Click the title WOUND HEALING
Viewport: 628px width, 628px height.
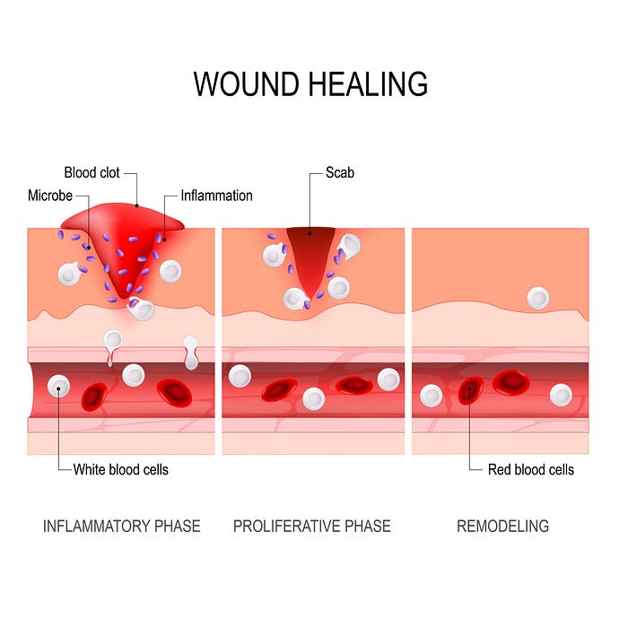[310, 83]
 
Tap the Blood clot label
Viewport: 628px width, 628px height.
[92, 171]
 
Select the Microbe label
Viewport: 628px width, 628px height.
[50, 195]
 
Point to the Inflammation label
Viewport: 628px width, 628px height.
[216, 195]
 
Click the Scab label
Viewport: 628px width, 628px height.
[340, 171]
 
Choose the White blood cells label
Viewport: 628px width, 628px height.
[120, 469]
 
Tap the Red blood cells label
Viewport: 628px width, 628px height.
[530, 469]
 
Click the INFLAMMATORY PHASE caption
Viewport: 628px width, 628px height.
[121, 526]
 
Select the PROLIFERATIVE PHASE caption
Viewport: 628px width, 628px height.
[311, 526]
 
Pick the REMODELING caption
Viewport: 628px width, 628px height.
[502, 526]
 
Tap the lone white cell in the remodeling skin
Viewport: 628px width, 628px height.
[537, 298]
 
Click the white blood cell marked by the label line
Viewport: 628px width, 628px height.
[59, 387]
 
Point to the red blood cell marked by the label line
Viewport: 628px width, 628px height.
[470, 391]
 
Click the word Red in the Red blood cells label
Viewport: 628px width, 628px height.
[500, 469]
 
